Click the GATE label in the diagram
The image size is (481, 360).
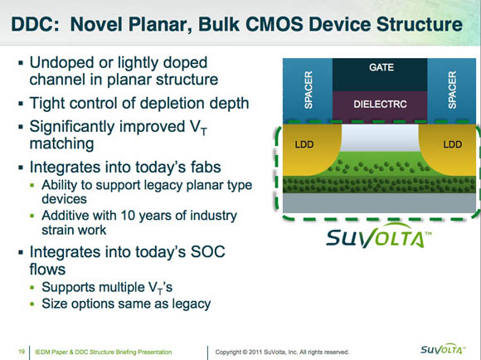[381, 67]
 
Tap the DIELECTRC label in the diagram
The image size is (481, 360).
[380, 105]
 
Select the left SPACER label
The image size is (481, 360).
[309, 90]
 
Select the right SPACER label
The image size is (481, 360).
[452, 90]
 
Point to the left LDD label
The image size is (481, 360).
[304, 144]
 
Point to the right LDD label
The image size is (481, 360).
[453, 144]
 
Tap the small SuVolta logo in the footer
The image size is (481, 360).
[443, 349]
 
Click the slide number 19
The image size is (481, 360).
[22, 352]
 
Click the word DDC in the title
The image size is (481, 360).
[35, 24]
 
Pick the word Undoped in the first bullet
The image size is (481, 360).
[62, 62]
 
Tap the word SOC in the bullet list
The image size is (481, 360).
[207, 252]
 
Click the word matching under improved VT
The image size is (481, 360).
[61, 144]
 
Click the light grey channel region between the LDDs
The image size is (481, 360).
[380, 137]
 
